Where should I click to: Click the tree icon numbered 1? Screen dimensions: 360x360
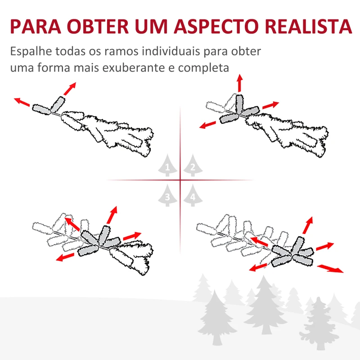pyautogui.click(x=167, y=166)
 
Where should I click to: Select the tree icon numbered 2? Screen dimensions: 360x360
pyautogui.click(x=193, y=166)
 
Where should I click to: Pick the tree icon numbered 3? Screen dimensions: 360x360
pyautogui.click(x=167, y=195)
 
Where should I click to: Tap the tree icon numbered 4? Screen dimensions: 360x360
pyautogui.click(x=193, y=195)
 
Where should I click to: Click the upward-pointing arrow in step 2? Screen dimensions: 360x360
pyautogui.click(x=239, y=84)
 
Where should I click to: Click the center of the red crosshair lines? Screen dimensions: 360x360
pyautogui.click(x=180, y=180)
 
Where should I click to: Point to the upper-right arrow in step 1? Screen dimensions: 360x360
pyautogui.click(x=69, y=89)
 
